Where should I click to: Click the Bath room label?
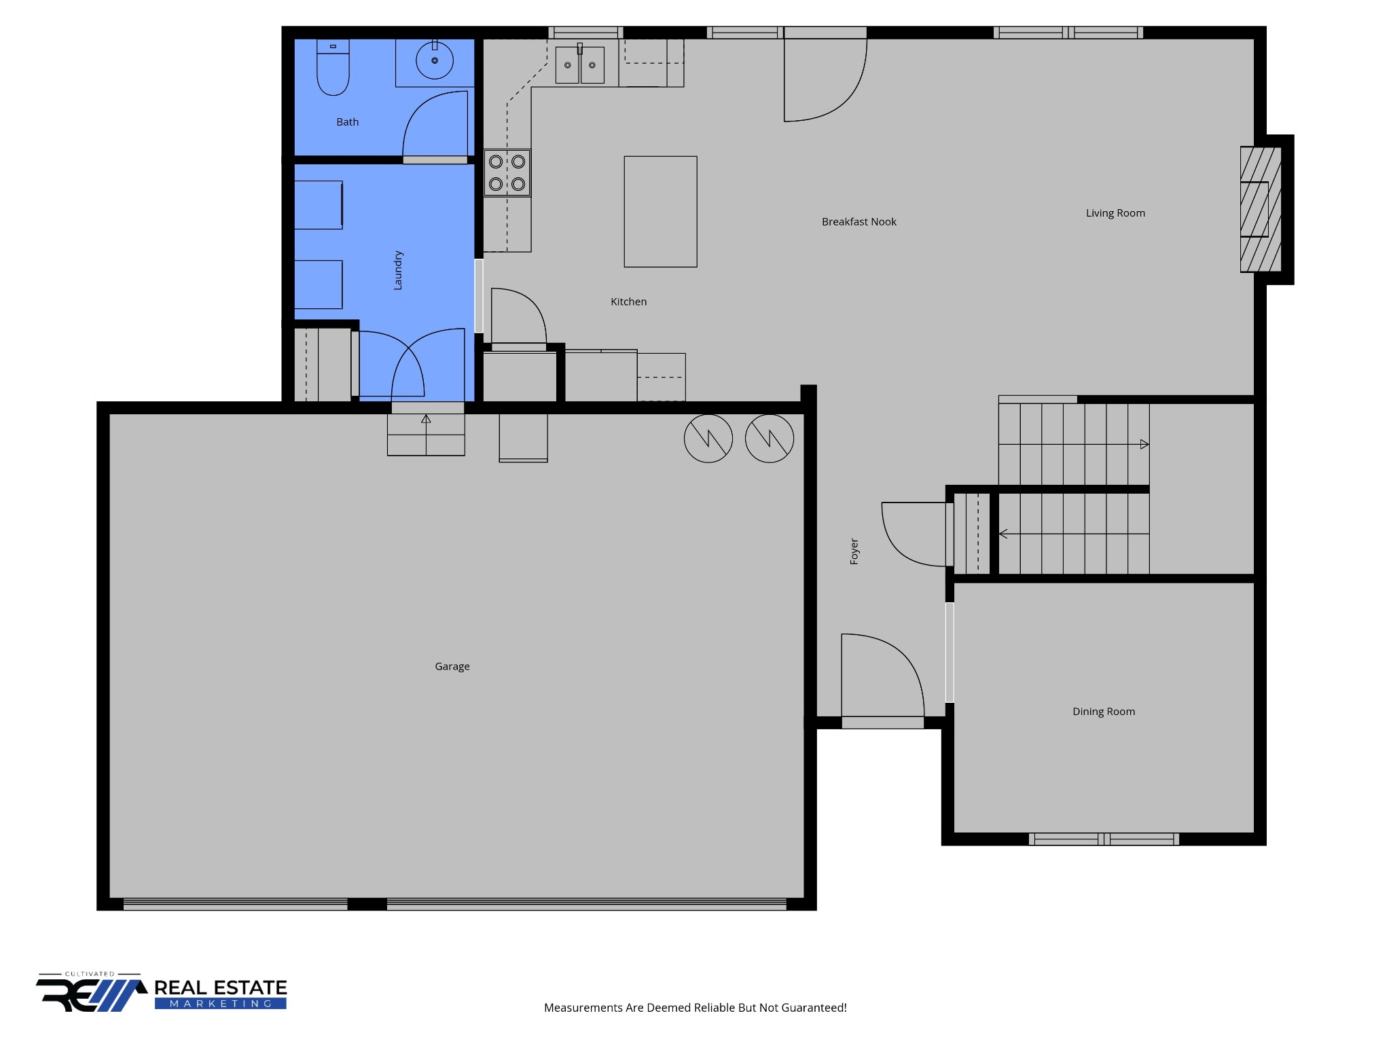[347, 122]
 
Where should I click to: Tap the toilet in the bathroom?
[333, 67]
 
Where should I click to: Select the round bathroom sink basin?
[435, 60]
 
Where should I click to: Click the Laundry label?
[398, 270]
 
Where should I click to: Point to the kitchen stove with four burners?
[507, 172]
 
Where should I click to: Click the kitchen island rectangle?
[660, 211]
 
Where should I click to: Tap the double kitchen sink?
[579, 65]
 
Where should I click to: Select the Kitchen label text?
[628, 301]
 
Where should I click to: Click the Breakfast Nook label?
[859, 222]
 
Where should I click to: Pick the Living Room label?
[1115, 213]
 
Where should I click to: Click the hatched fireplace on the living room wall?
[1261, 209]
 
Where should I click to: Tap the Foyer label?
[854, 551]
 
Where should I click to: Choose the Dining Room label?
[1104, 712]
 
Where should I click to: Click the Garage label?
[452, 667]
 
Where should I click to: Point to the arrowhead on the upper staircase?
[1144, 444]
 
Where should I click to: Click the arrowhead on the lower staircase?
[1003, 534]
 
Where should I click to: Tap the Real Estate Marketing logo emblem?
[92, 993]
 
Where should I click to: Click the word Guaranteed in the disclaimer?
[815, 1008]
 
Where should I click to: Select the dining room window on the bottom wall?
[1104, 839]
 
